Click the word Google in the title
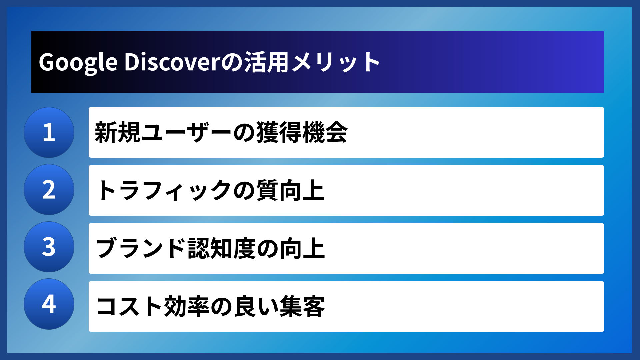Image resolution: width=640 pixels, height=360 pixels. coord(78,62)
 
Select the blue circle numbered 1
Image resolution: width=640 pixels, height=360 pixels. coord(49,132)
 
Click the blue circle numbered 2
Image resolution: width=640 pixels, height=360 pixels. coord(49,190)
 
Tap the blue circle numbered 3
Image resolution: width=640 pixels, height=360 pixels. coord(49,247)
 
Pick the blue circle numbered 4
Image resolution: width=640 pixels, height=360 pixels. coord(49,304)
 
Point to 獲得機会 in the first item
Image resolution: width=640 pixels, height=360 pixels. coord(302,132)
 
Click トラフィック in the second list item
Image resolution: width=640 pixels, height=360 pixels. coord(164,190)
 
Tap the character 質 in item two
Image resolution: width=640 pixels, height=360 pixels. coord(267,190)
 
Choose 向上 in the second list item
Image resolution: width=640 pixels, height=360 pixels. coord(302,190)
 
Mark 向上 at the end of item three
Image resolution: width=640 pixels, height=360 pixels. coord(302,248)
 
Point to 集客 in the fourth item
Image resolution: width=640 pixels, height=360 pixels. coord(302,306)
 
